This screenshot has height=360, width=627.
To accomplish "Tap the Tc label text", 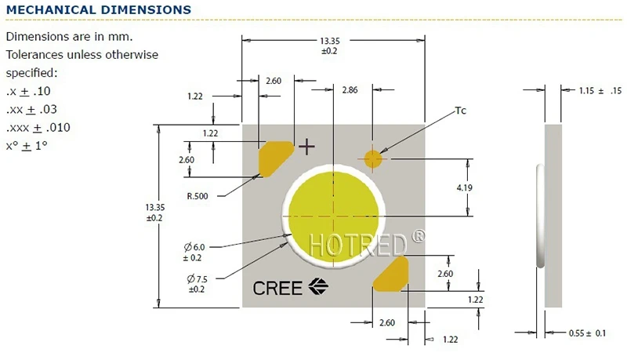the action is point(461,111).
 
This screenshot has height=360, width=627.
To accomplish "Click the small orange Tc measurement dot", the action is point(373,158).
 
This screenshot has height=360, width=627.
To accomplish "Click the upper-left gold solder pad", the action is point(275,156).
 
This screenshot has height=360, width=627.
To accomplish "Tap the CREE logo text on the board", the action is point(277,288).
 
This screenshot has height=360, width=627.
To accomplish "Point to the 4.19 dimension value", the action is point(487,188).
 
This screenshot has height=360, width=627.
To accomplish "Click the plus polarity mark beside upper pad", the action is point(306,146).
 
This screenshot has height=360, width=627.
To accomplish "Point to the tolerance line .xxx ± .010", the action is point(38,128).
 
